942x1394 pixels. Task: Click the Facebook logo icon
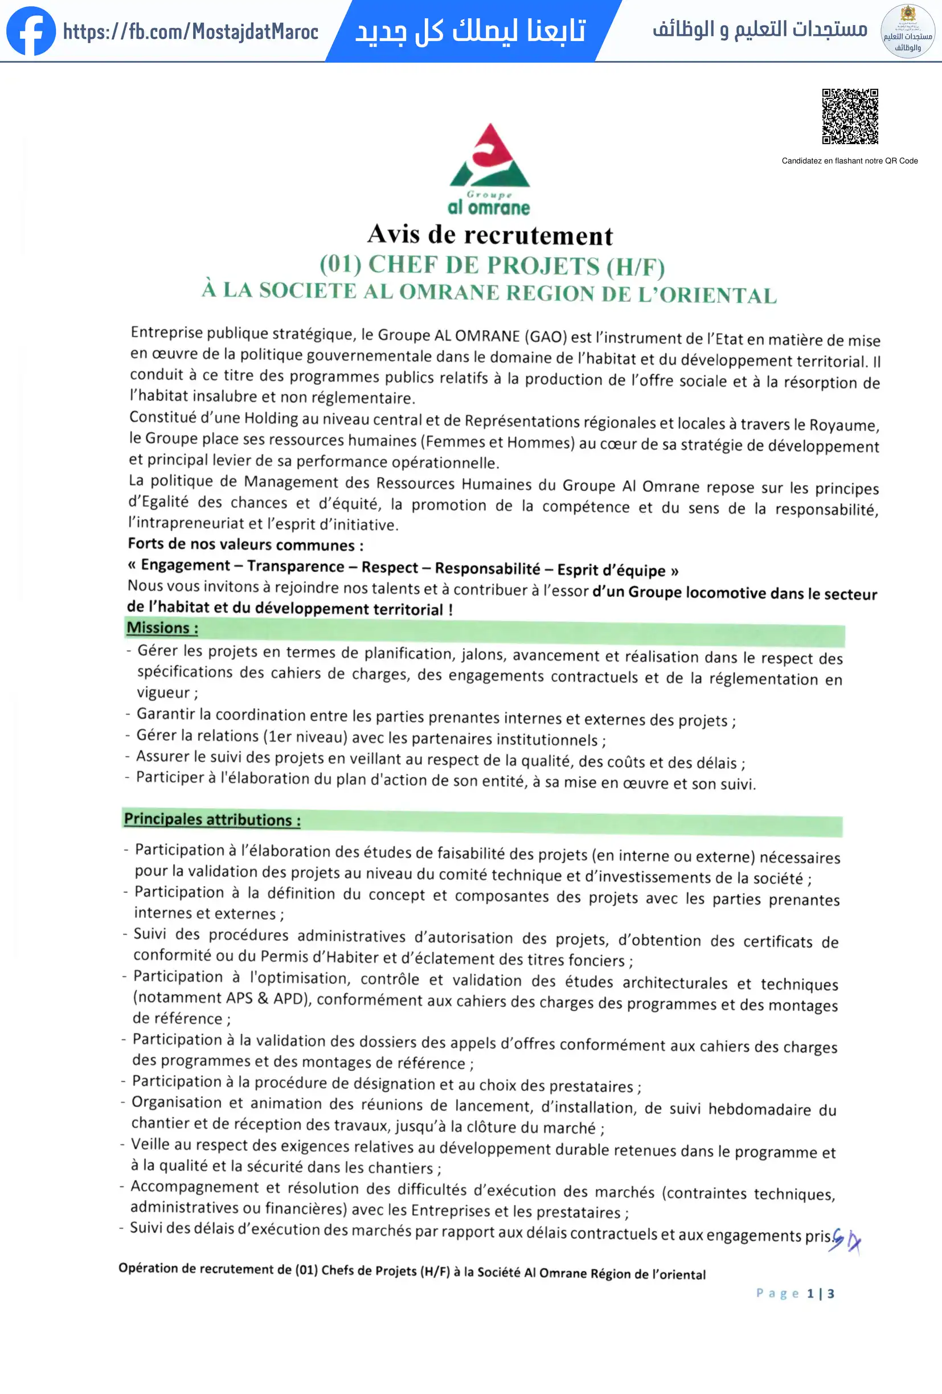tap(31, 31)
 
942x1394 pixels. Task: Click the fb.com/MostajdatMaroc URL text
tap(191, 31)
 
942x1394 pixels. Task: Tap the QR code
tap(850, 116)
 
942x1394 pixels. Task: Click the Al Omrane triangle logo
tap(490, 157)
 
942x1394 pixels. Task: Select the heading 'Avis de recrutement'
tap(490, 235)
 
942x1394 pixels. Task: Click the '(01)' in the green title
tap(339, 264)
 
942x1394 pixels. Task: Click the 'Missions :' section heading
tap(162, 628)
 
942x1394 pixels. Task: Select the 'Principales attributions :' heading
tap(212, 819)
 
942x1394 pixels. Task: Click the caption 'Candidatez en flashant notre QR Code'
tap(849, 161)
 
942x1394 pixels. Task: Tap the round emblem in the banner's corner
tap(907, 31)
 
